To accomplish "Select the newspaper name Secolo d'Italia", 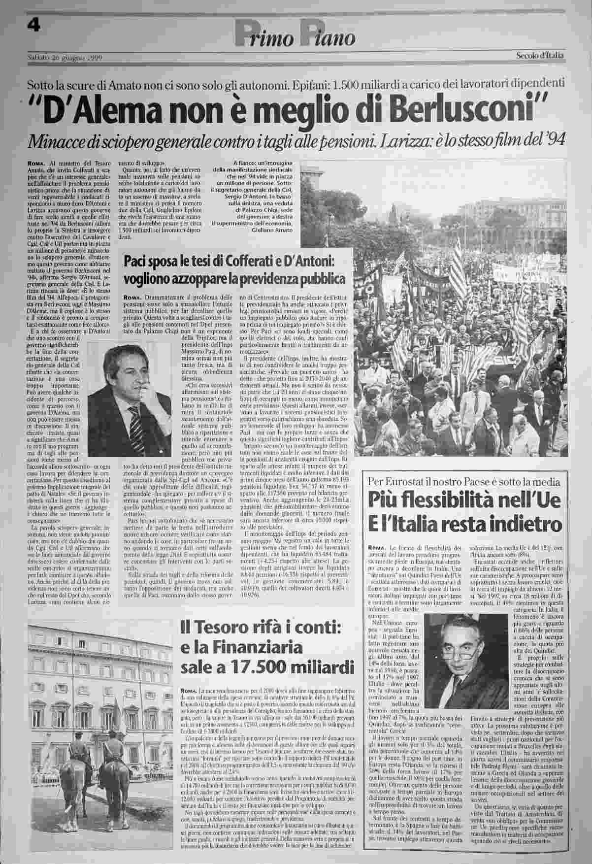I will [x=540, y=56].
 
